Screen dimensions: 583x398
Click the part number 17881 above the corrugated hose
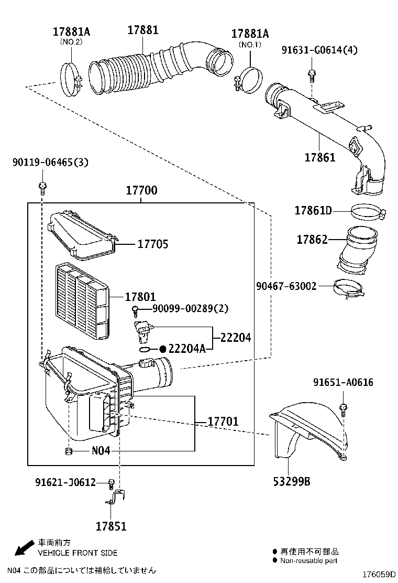(142, 30)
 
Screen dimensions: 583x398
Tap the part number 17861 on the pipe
(319, 156)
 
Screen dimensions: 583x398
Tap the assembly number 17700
(141, 191)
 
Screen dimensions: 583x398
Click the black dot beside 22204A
(163, 349)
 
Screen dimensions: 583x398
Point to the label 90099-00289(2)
(191, 309)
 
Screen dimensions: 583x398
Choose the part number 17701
(223, 422)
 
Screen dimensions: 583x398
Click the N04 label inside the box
(101, 451)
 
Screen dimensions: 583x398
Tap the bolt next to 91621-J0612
(111, 482)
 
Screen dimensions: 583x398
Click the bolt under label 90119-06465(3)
(42, 186)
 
